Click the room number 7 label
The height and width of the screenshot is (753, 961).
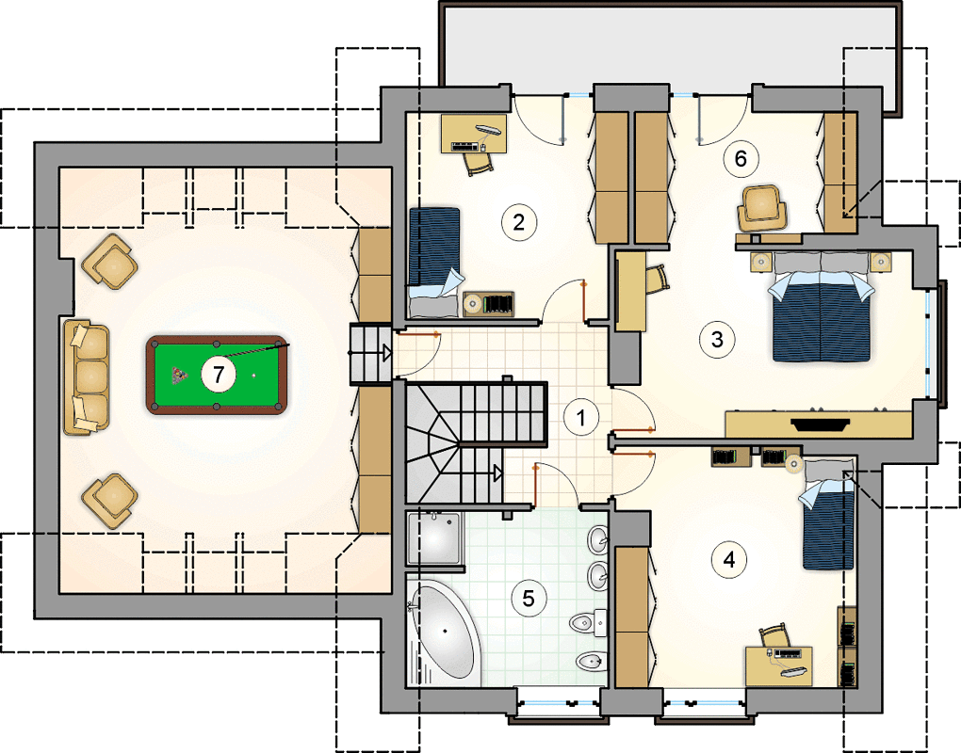click(219, 374)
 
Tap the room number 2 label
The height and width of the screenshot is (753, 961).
click(518, 222)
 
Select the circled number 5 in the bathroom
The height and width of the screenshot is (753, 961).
click(529, 598)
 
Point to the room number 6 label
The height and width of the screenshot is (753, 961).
click(741, 158)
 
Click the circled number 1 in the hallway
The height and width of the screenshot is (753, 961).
click(581, 418)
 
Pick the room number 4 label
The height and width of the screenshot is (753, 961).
click(728, 559)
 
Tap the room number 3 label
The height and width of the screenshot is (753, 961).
click(717, 339)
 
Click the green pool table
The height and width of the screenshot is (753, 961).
click(217, 375)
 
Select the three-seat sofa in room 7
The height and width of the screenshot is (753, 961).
click(87, 377)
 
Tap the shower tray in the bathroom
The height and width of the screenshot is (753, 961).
click(434, 538)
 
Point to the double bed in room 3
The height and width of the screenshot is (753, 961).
click(822, 306)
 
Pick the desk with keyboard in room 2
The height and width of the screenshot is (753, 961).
click(474, 133)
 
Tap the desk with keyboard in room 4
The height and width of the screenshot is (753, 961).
click(778, 666)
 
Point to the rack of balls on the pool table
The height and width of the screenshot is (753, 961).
click(180, 375)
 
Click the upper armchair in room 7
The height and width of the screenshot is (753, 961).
click(109, 262)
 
